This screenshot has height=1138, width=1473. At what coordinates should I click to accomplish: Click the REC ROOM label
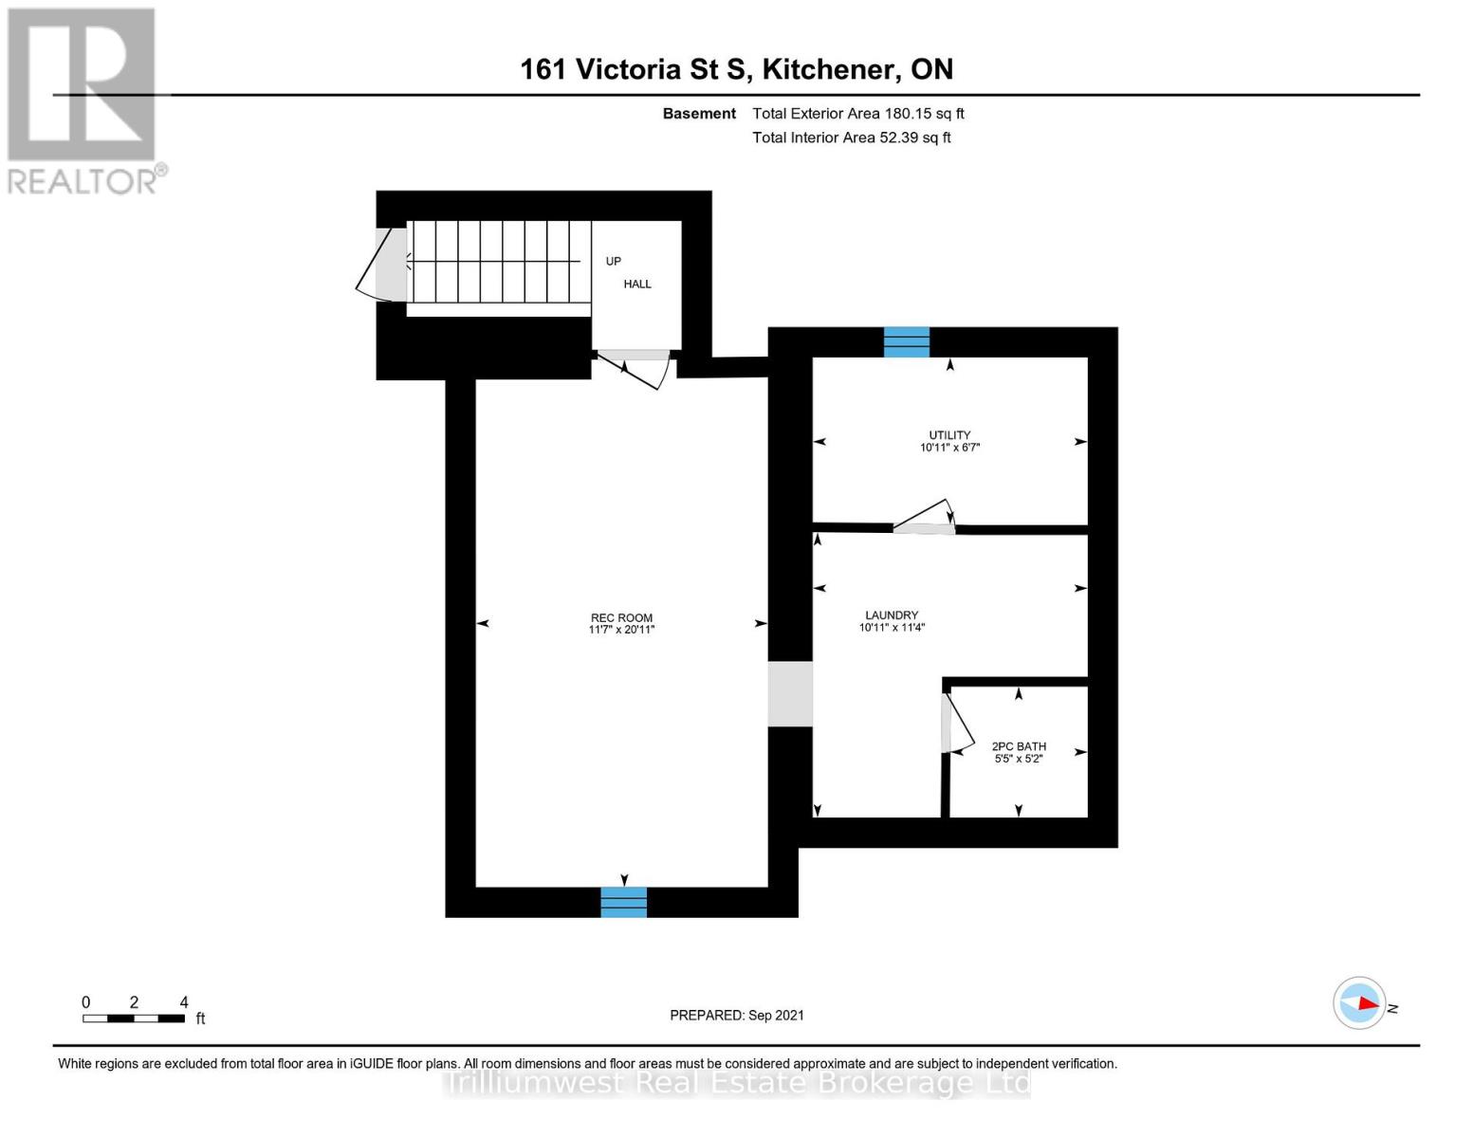(621, 617)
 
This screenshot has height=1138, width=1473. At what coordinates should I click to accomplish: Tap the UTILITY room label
(949, 435)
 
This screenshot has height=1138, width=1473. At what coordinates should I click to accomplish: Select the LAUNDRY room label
(892, 615)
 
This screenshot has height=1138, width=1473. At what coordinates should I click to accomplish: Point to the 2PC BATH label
(1019, 746)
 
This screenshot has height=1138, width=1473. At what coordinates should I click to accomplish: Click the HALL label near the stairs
(637, 284)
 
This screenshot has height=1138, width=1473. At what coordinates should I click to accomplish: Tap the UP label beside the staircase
(614, 261)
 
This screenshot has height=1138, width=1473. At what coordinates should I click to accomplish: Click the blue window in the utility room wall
(907, 341)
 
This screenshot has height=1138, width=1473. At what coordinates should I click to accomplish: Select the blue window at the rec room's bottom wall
(624, 902)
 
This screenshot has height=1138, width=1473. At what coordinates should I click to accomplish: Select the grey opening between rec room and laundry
(790, 694)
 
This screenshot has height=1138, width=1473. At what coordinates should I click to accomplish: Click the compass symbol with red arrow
(1359, 1002)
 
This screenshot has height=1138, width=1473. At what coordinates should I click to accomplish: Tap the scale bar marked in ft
(134, 1019)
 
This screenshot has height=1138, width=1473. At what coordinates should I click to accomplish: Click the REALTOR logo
(83, 100)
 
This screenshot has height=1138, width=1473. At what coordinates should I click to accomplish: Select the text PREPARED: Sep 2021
(737, 1015)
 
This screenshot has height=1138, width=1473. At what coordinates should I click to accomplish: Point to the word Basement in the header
(699, 113)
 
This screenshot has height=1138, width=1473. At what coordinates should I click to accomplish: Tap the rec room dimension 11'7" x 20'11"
(621, 630)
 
